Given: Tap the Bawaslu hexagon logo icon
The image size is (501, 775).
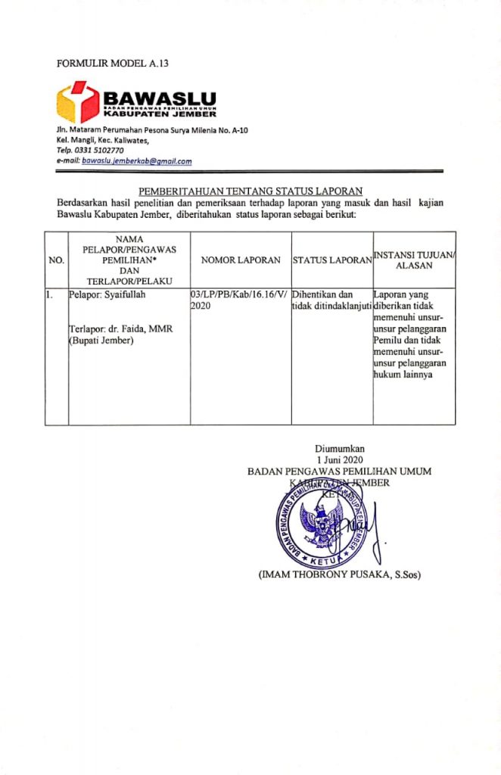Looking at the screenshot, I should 78,102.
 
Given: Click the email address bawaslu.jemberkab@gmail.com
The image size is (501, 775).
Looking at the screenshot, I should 136,161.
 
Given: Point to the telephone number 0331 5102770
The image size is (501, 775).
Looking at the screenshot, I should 98,151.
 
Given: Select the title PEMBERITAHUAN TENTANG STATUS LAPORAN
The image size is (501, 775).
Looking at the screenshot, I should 250,191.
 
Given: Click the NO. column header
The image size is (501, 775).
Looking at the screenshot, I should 56,260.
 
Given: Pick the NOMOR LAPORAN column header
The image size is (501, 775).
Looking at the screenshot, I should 241,260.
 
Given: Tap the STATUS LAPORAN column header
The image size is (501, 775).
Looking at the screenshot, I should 331,260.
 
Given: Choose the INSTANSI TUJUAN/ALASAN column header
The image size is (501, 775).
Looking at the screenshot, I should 414,260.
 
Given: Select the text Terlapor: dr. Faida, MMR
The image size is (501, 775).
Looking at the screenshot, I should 119,329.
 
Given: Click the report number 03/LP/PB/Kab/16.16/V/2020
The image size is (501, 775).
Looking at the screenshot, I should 239,300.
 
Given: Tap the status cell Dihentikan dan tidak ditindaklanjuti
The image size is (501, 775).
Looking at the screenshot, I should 331,300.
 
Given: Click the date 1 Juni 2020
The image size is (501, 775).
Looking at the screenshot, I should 340,459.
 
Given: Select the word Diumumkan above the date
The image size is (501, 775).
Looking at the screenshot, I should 340,448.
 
